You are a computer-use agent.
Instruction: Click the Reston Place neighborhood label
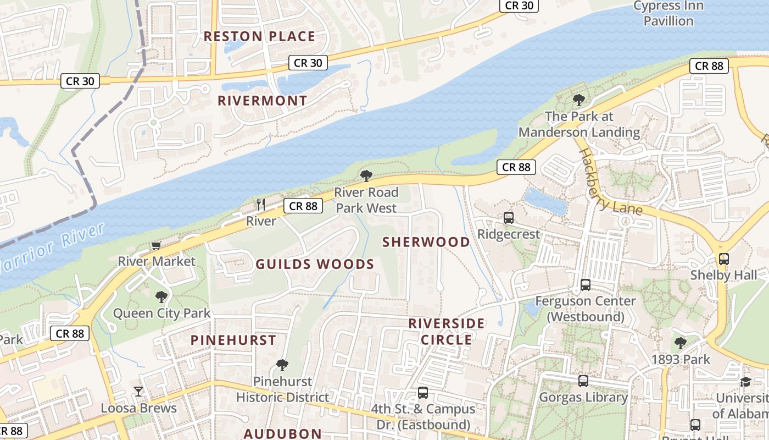point(259,37)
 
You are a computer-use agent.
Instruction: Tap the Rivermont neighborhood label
point(263,101)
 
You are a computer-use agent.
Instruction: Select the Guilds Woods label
point(315,265)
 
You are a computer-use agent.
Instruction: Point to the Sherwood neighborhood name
point(426,242)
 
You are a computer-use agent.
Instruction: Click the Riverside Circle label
point(447,332)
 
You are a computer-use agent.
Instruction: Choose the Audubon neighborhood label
point(282,433)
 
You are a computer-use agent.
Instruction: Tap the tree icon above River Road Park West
point(366,176)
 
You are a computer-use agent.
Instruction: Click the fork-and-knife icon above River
point(261,205)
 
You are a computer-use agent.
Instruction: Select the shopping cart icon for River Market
point(157,245)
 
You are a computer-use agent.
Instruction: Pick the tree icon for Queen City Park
point(161,298)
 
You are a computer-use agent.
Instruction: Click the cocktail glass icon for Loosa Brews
point(138,392)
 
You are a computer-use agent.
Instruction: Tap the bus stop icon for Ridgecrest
point(508,218)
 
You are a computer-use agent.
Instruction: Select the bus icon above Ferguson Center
point(586,285)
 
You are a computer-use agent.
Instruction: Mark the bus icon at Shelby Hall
point(723,259)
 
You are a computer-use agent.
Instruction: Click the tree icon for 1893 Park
point(681,343)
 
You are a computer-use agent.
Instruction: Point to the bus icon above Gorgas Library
point(583,381)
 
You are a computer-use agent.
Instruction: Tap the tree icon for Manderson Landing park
point(578,100)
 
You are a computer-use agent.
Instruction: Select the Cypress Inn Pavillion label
point(668,13)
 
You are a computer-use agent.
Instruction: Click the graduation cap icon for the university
point(745,382)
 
